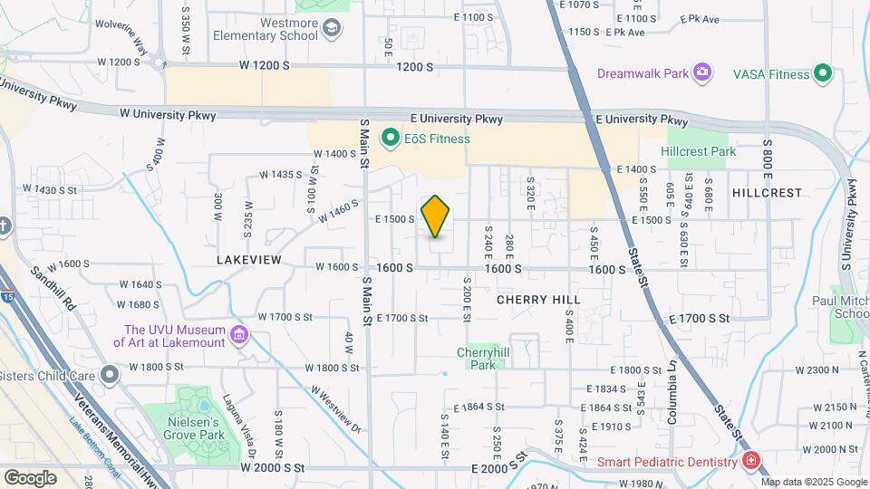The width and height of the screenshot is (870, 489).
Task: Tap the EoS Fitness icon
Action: [391, 139]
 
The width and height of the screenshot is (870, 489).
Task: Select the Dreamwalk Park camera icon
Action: [701, 72]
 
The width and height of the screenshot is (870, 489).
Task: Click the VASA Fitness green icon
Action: [823, 73]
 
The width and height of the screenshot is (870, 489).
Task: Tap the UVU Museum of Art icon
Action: [239, 336]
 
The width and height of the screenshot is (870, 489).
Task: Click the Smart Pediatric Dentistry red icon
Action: [750, 462]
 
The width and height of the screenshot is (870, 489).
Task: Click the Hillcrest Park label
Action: [699, 151]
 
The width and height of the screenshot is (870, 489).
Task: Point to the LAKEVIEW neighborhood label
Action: [249, 260]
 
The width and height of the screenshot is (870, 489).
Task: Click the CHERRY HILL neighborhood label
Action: [538, 299]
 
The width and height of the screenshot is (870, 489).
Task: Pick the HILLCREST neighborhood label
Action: [767, 193]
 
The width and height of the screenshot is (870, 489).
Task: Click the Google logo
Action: [30, 476]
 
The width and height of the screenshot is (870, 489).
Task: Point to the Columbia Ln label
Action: [672, 404]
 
